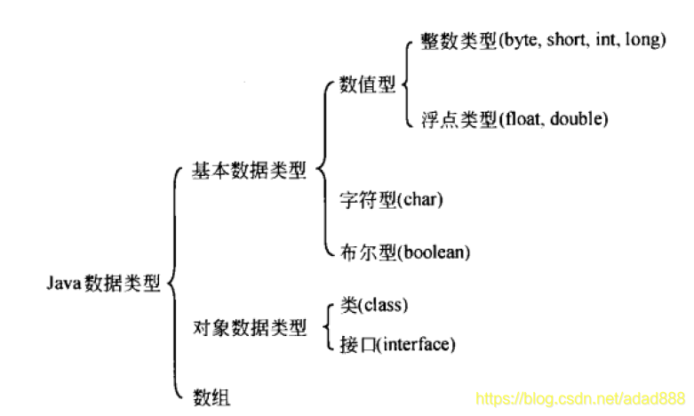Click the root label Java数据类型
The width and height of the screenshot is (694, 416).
[103, 284]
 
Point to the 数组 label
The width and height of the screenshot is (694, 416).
[211, 396]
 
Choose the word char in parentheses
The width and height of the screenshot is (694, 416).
[420, 198]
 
